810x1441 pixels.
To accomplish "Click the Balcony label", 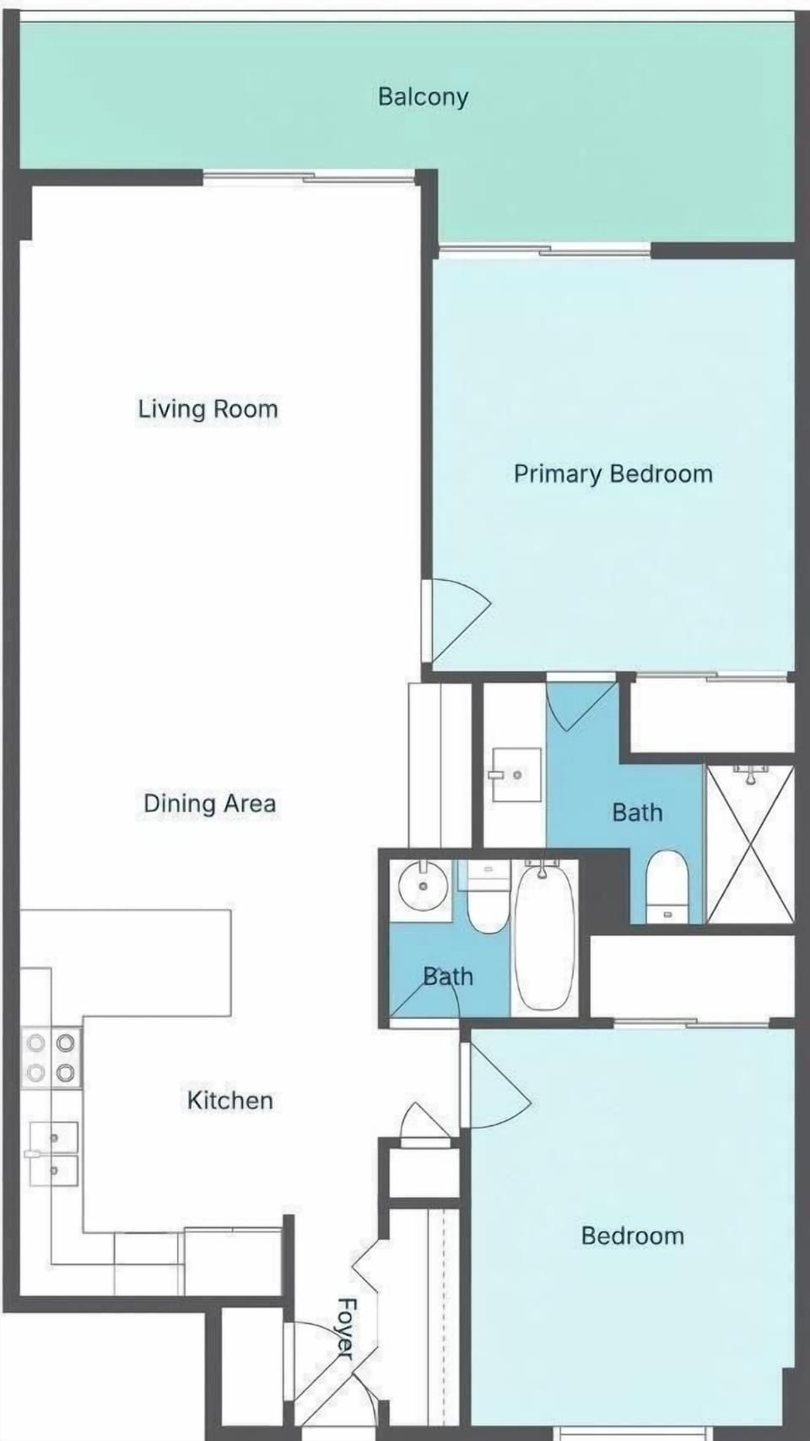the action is (423, 97).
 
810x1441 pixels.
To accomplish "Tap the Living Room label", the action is (208, 409).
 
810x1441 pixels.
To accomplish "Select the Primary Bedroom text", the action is (613, 474).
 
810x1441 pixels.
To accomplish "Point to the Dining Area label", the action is (209, 804).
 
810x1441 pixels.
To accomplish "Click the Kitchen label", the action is (230, 1100).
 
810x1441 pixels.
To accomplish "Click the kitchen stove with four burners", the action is (51, 1058).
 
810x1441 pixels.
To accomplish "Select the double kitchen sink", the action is (52, 1154).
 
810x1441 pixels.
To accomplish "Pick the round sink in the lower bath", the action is (423, 886).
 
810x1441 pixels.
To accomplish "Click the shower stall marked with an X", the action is (750, 844).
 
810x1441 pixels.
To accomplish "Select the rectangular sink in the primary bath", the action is (516, 775).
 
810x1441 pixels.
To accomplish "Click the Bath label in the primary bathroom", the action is (637, 812).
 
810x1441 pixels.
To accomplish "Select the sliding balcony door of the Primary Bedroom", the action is (545, 251).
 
